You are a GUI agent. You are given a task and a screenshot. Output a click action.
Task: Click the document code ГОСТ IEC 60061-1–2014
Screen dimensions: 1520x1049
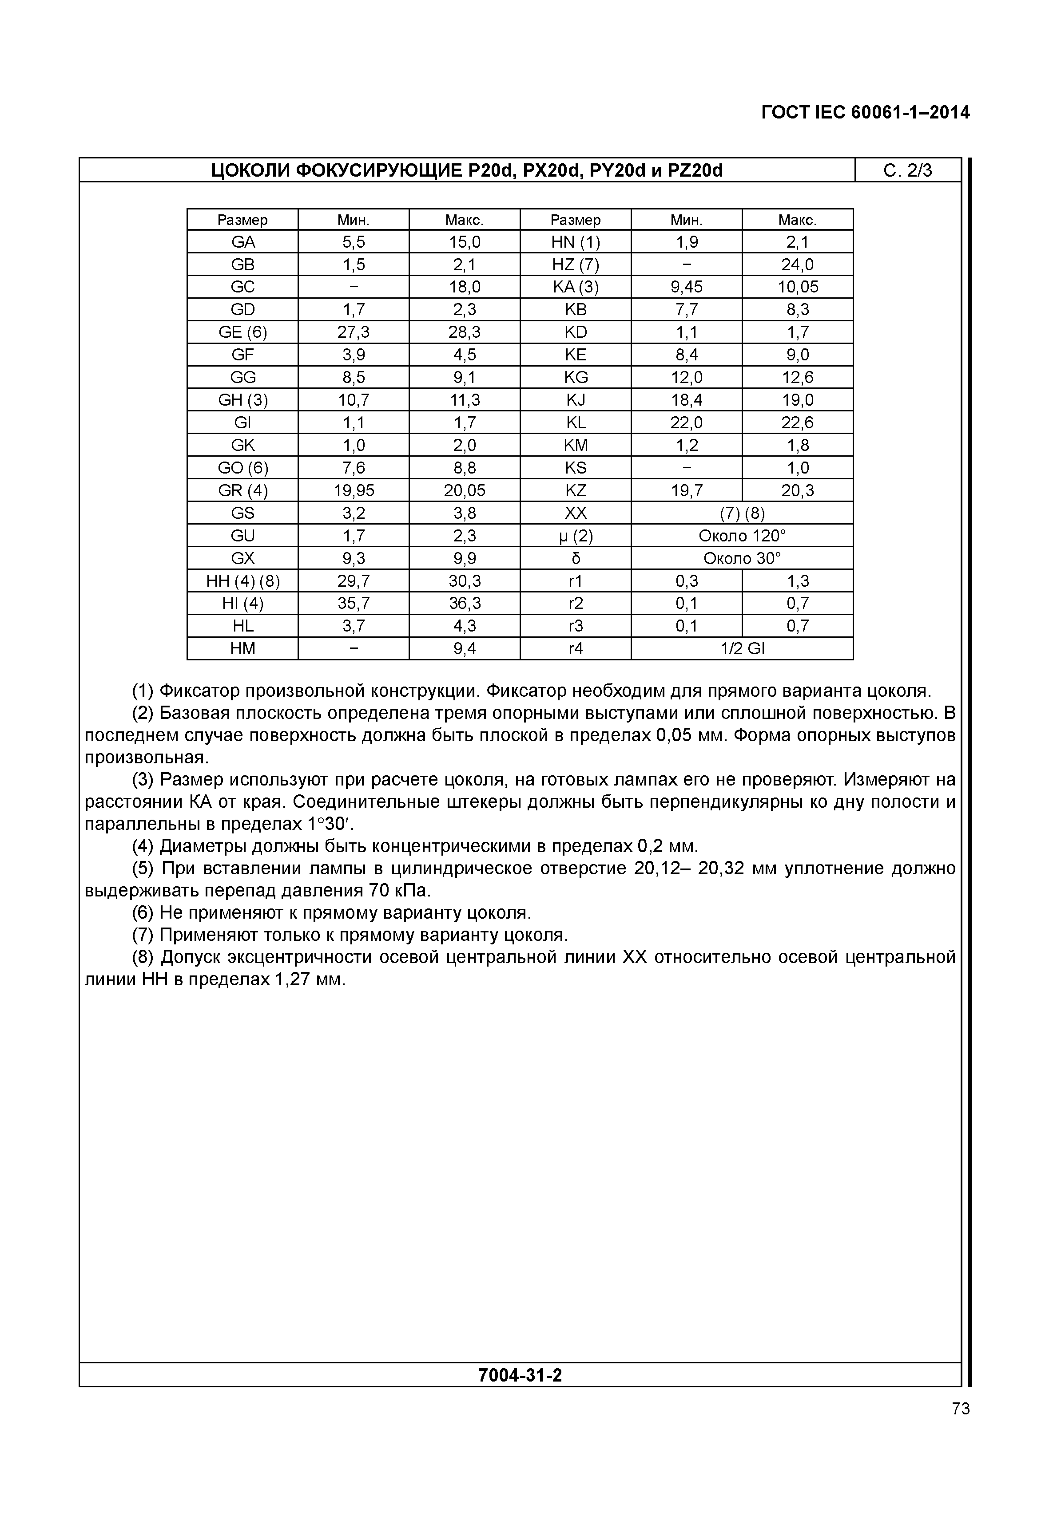[x=865, y=113]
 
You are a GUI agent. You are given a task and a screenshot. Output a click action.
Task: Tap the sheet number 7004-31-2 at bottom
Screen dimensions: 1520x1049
[x=520, y=1375]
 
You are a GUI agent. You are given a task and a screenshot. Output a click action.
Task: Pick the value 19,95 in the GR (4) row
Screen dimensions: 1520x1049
[x=354, y=490]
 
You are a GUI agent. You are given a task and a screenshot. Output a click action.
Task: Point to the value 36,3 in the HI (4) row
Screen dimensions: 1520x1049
[x=464, y=604]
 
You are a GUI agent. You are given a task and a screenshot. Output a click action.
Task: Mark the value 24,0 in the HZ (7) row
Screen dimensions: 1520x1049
[x=797, y=265]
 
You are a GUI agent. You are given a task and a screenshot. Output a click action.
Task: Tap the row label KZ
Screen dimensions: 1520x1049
[x=575, y=490]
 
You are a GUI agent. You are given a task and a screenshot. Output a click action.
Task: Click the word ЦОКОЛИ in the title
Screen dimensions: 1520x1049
[x=249, y=171]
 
